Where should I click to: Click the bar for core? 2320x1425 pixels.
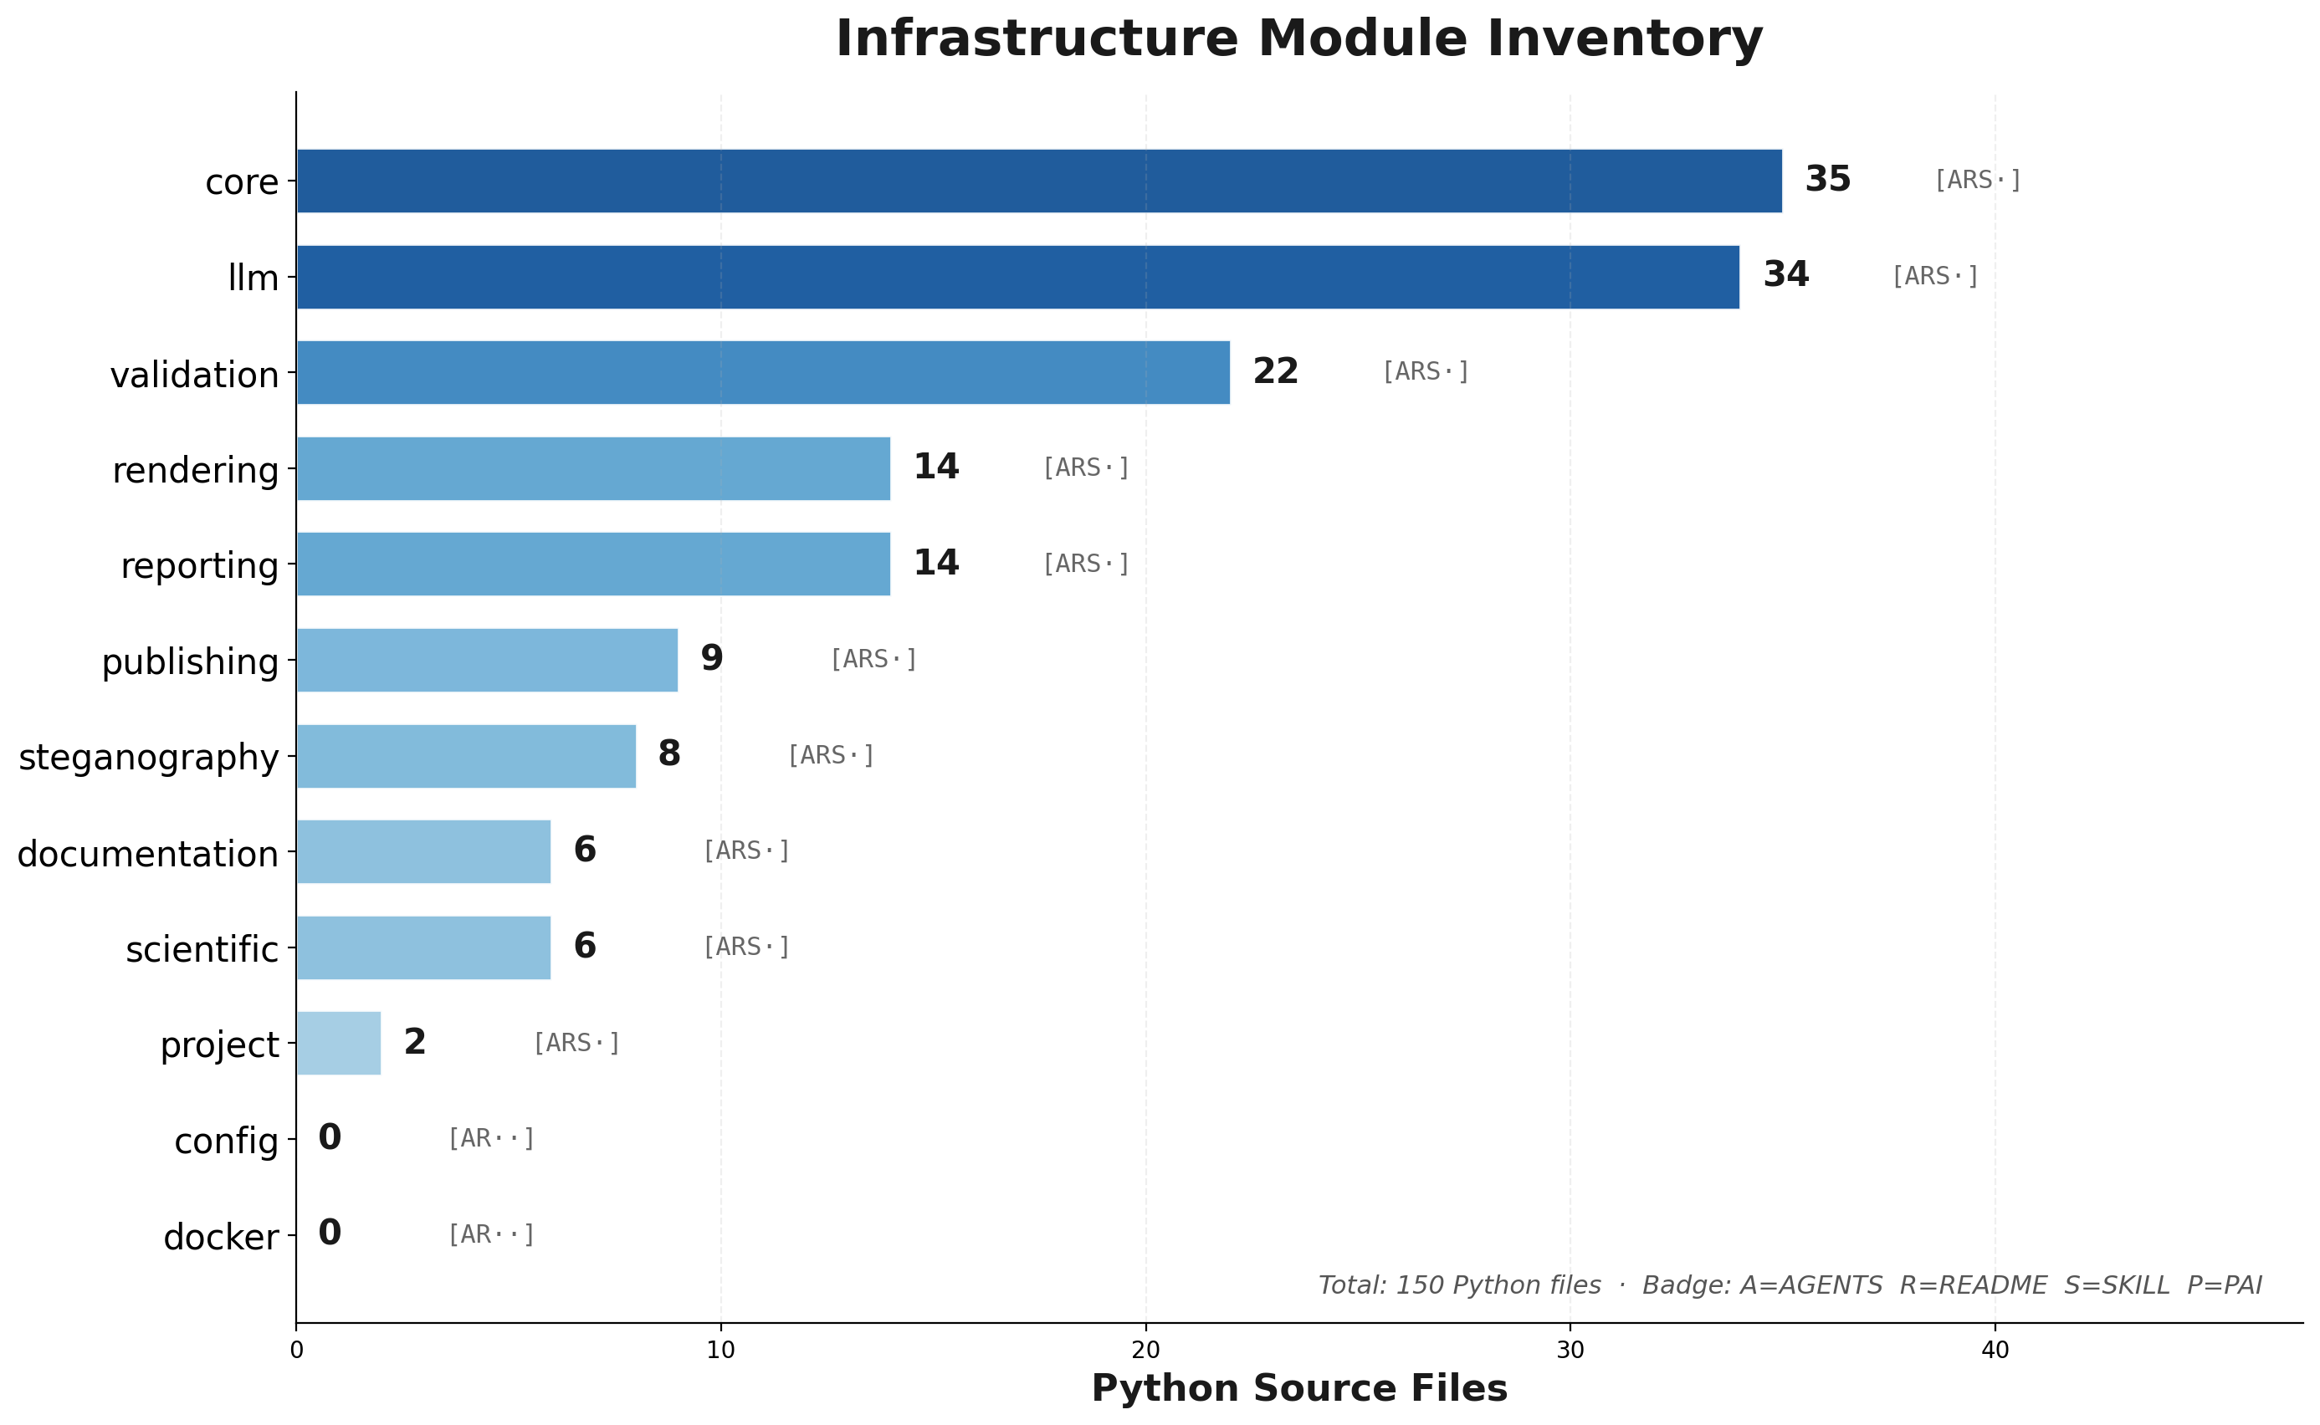(1039, 181)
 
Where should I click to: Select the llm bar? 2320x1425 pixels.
(1018, 277)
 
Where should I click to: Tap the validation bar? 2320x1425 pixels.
(764, 372)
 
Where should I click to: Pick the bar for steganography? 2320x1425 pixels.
(467, 756)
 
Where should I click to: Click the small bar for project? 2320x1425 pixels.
(340, 1044)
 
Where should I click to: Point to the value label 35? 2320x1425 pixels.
(1828, 179)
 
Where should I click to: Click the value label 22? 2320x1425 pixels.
(1276, 371)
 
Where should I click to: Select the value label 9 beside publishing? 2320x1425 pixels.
(712, 658)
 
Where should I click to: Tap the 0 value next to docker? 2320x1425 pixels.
(330, 1233)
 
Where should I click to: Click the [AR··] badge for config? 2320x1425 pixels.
(491, 1138)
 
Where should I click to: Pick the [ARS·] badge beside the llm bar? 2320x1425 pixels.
(1935, 276)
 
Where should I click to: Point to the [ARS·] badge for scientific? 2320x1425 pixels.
(746, 946)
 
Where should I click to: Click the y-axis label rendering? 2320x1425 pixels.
(196, 470)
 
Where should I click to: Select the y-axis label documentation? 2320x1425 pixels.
(148, 854)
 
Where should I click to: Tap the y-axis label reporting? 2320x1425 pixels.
(200, 566)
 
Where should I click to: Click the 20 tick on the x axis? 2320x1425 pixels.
(1145, 1351)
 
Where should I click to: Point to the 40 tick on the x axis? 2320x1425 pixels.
(1995, 1351)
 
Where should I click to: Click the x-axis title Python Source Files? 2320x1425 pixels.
(1300, 1389)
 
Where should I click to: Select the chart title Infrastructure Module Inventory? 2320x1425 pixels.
(1299, 39)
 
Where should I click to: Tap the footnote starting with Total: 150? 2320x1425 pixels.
(1790, 1285)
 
